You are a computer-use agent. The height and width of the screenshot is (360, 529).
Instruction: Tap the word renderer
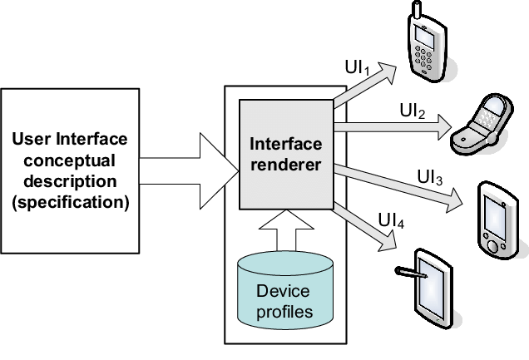285,165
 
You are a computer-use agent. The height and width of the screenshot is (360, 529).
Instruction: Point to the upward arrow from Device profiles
285,226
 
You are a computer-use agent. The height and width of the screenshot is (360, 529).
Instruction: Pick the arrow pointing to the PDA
399,188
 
